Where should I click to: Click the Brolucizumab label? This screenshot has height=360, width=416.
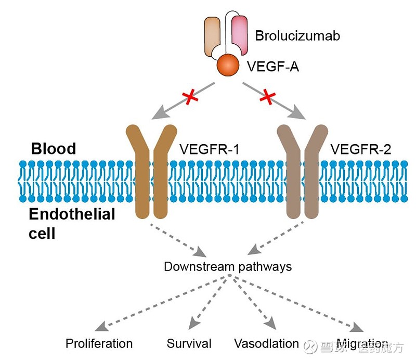point(297,36)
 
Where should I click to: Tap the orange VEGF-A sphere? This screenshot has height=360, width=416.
point(227,65)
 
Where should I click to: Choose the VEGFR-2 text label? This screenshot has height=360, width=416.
point(361,149)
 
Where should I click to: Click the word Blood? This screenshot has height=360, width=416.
point(54,149)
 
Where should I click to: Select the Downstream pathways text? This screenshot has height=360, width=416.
point(228,266)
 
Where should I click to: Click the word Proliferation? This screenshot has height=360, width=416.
point(99,343)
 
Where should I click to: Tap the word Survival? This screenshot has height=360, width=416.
point(189,343)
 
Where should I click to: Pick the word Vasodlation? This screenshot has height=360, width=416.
point(266,343)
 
